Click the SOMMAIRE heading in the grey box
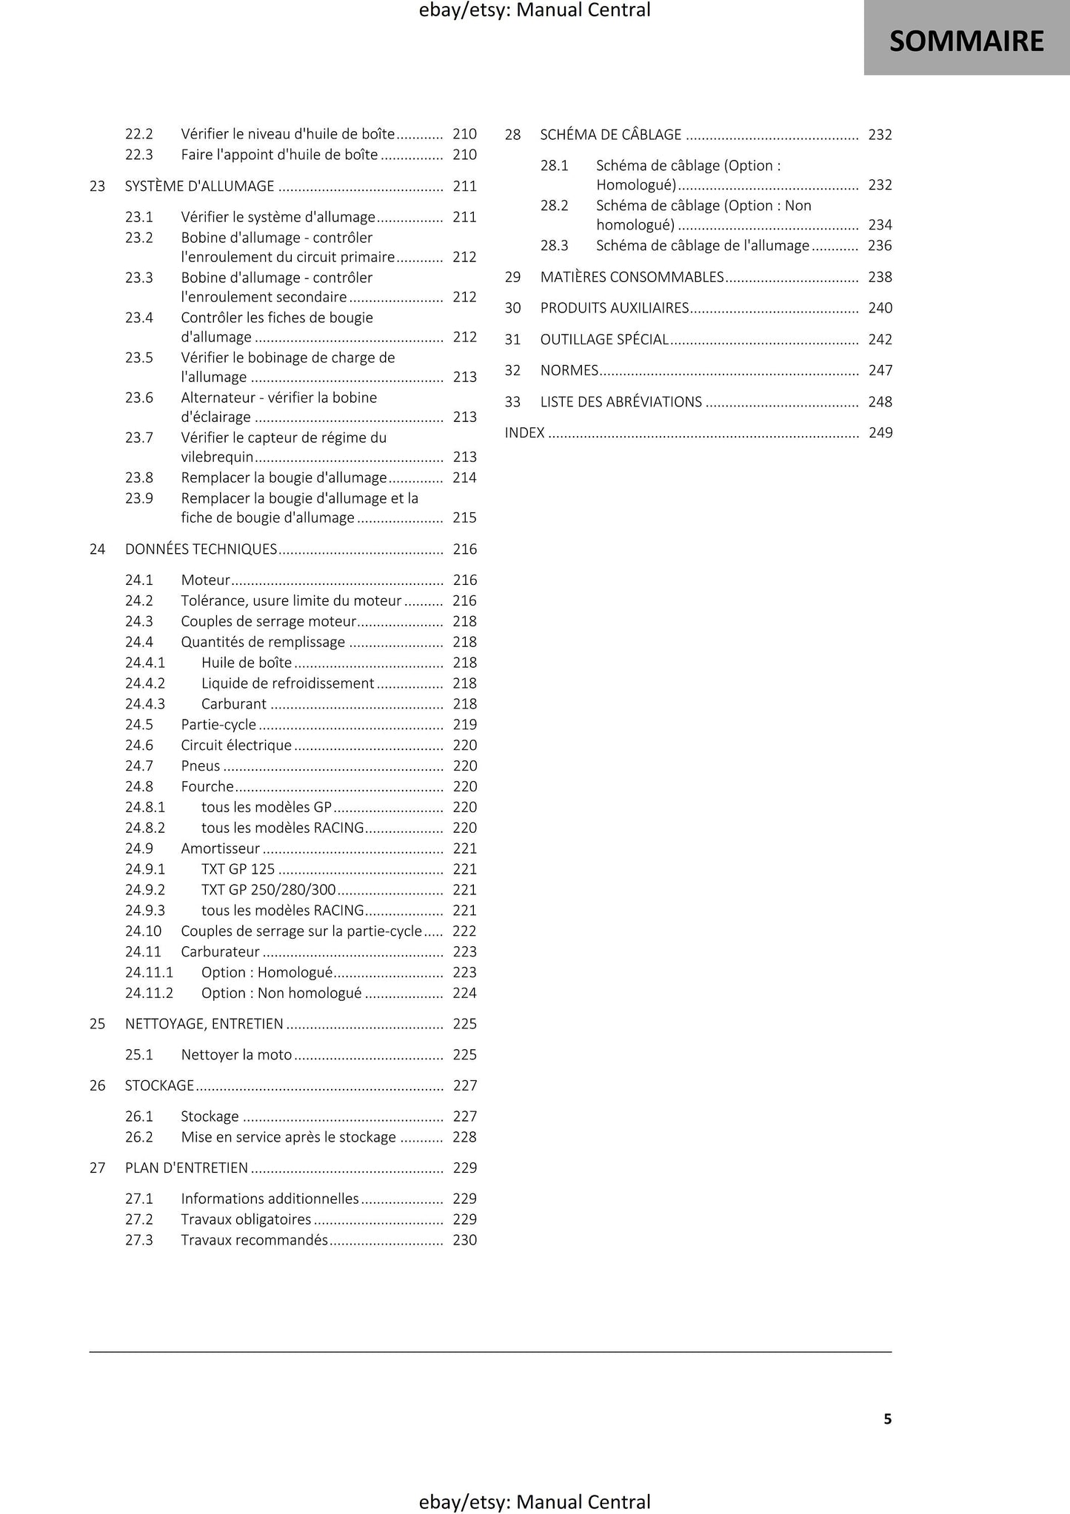966,41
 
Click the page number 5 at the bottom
887,1418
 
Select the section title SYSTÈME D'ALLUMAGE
199,187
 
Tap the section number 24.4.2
144,683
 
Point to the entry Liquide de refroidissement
287,683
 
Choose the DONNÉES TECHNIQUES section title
201,549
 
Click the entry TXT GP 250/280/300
268,890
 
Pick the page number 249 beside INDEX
880,433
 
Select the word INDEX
524,433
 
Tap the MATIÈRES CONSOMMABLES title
632,278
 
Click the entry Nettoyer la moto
236,1055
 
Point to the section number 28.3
554,246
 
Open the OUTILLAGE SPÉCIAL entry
604,340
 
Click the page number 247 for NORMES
880,371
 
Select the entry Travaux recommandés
254,1240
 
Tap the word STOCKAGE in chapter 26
159,1086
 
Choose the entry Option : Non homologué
281,994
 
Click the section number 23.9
138,498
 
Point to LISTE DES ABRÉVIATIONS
621,402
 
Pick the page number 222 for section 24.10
464,931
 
